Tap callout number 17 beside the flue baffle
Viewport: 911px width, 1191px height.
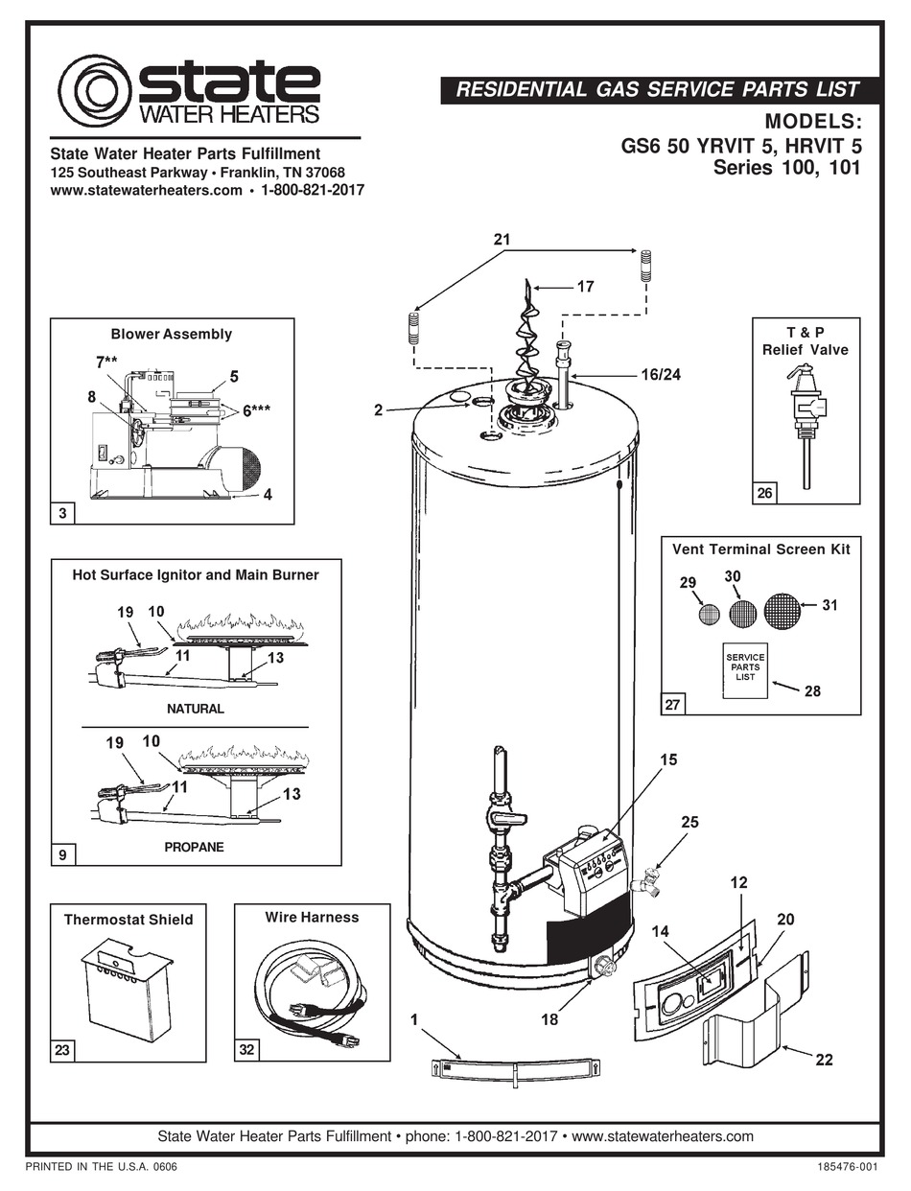[585, 286]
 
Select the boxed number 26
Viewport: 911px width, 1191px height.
[763, 493]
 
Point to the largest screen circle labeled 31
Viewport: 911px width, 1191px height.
[783, 611]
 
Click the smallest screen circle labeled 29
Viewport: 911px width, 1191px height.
[709, 615]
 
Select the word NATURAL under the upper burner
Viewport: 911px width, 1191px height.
[196, 709]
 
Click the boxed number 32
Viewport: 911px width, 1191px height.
[247, 1050]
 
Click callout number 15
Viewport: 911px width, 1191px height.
[667, 759]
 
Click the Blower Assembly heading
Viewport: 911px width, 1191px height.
[172, 334]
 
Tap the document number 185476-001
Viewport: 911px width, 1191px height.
[846, 1167]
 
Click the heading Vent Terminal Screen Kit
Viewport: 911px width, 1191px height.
[760, 549]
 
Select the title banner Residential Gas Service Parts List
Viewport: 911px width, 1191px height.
[656, 90]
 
